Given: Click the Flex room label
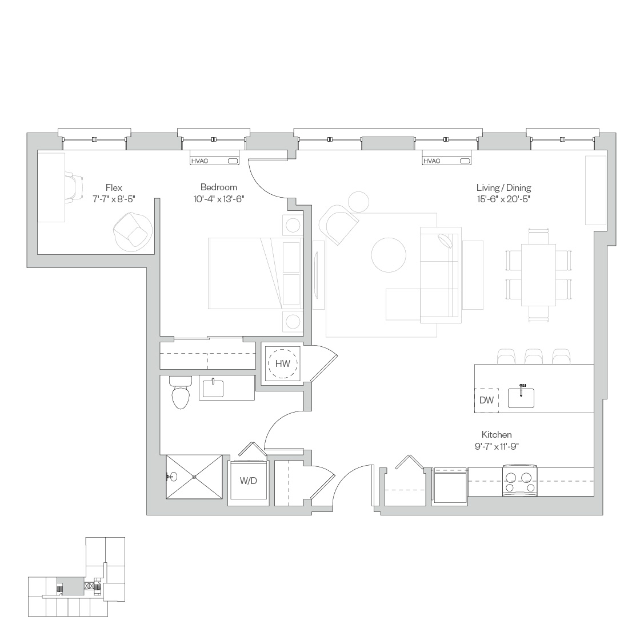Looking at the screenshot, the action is (114, 187).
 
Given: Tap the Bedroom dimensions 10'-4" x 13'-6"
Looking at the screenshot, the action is (218, 199).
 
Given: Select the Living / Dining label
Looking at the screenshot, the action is (503, 187).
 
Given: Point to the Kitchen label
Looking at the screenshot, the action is (497, 434).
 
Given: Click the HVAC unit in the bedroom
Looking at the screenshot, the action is (214, 161).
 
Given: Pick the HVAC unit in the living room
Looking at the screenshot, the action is (446, 161).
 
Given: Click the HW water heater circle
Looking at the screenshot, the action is (282, 363).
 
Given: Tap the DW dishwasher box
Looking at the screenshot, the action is (487, 400).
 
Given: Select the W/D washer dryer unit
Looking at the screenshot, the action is (248, 481).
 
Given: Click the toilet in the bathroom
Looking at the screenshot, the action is (181, 393).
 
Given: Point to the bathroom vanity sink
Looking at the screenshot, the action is (213, 389).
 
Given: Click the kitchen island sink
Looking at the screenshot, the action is (521, 398).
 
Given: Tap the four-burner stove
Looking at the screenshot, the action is (520, 481).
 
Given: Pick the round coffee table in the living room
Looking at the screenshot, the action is (389, 255).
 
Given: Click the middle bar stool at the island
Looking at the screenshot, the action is (534, 357).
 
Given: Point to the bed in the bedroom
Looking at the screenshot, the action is (255, 273).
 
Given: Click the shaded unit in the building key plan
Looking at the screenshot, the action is (70, 586).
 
